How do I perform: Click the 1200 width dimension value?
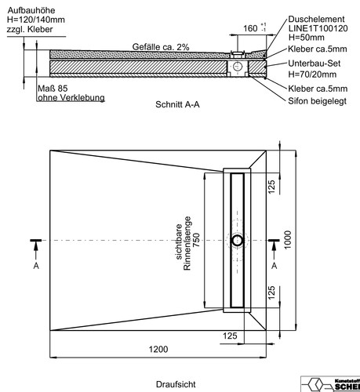point(158,349)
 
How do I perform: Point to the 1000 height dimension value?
point(287,240)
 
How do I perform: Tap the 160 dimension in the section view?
point(250,28)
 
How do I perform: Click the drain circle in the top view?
point(238,241)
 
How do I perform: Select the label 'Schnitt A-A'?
point(177,104)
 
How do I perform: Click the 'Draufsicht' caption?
point(176,384)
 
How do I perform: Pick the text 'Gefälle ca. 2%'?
point(161,47)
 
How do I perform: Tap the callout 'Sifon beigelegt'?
point(318,101)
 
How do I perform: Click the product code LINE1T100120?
point(318,28)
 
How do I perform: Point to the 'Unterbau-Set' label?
point(315,64)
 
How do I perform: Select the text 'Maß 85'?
point(53,89)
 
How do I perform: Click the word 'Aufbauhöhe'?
point(31,10)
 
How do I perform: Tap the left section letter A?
point(36,266)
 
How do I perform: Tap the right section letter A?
point(274,266)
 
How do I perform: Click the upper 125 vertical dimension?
point(271,187)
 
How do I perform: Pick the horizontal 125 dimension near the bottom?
point(230,336)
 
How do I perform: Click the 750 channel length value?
point(196,240)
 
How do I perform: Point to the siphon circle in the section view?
point(237,67)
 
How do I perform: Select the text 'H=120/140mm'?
point(36,20)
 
